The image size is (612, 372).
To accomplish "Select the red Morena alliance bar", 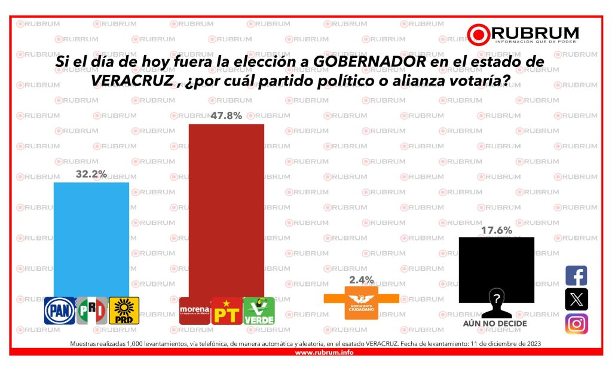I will click(x=226, y=209).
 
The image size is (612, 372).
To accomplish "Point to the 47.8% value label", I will click(x=226, y=116).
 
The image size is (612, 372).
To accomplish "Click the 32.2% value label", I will click(x=91, y=174).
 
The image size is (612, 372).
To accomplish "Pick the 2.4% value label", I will click(x=361, y=280).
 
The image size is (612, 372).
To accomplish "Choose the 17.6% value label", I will click(x=496, y=230).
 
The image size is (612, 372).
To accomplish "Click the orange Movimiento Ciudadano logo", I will click(x=361, y=303).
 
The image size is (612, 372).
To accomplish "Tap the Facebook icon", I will click(x=576, y=276).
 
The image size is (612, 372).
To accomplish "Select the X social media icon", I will click(x=576, y=300).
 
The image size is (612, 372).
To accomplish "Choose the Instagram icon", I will click(x=576, y=324).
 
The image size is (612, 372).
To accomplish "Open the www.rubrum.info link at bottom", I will click(x=324, y=352).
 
